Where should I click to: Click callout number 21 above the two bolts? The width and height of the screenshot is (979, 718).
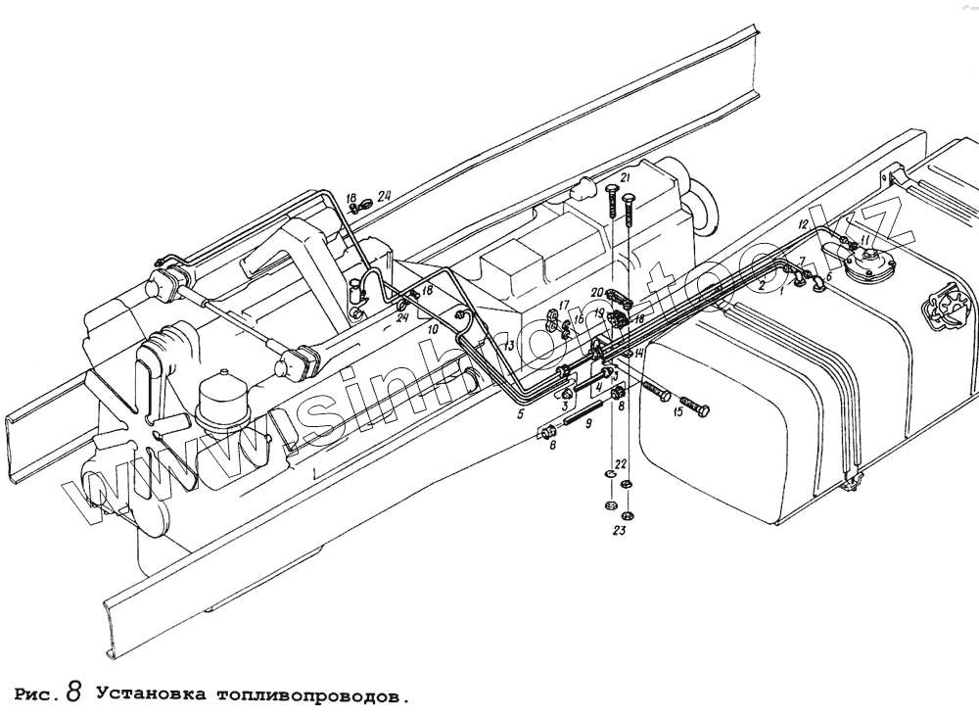[x=624, y=177]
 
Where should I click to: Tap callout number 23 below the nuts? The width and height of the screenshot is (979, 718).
[x=619, y=532]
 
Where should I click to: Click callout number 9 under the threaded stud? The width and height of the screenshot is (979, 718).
[x=587, y=424]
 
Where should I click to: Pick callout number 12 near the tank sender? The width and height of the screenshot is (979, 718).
[x=802, y=226]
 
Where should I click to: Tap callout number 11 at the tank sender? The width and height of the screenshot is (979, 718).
[x=865, y=241]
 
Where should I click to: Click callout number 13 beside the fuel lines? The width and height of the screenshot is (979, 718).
[x=509, y=346]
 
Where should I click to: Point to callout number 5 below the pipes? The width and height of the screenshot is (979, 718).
[x=521, y=413]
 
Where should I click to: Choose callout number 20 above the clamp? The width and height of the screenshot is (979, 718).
[x=595, y=294]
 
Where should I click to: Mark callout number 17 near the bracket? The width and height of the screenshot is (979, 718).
[x=564, y=305]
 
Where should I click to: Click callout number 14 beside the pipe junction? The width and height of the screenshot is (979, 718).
[x=638, y=353]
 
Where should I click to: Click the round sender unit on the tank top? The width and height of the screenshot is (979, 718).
[x=865, y=263]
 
